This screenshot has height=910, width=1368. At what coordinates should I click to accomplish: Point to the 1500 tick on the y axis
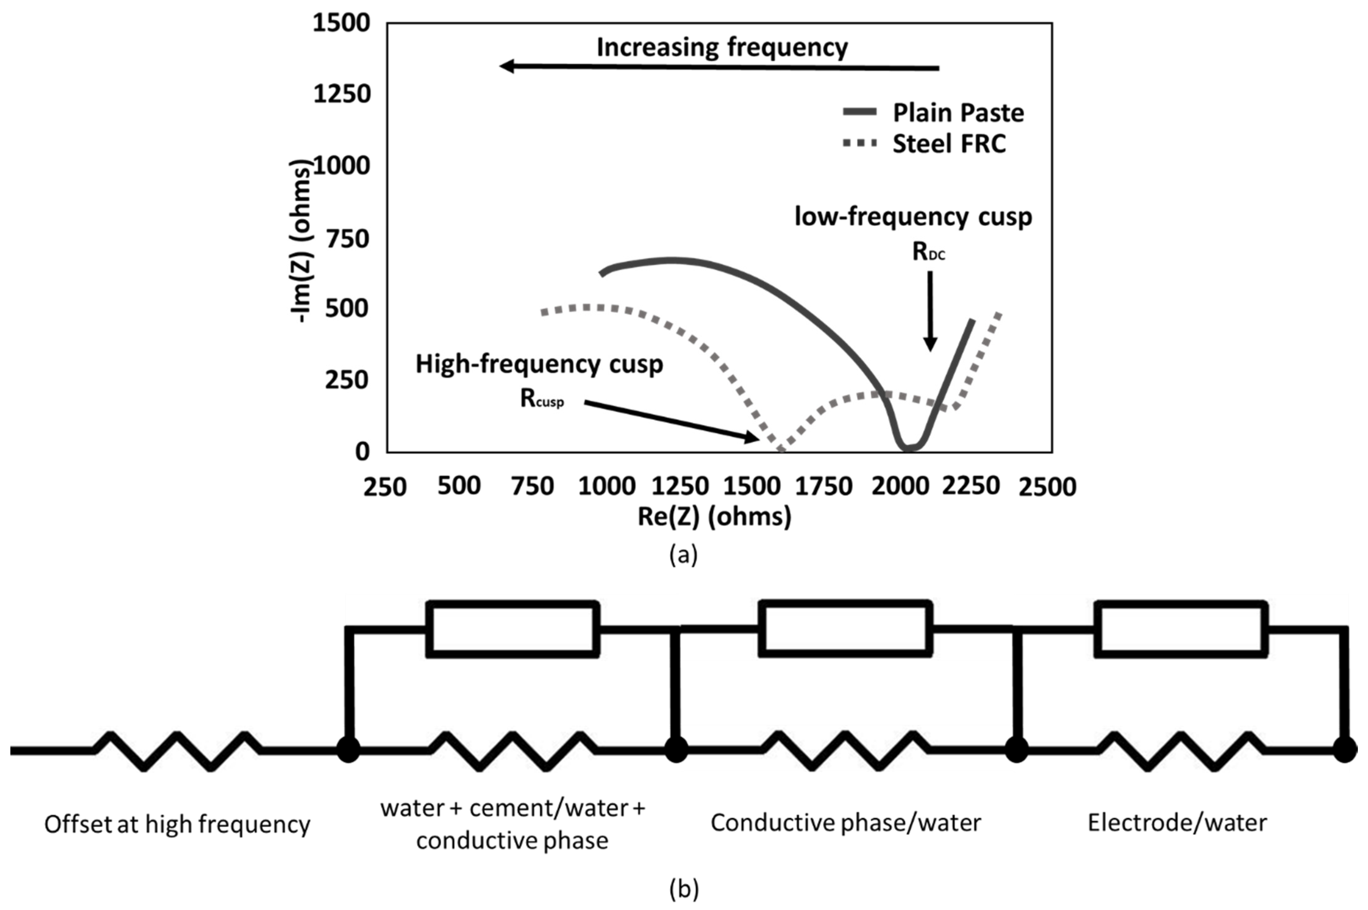pos(341,23)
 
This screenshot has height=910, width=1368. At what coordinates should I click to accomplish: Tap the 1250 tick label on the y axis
pos(341,94)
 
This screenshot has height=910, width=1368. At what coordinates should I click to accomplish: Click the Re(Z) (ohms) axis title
pos(714,516)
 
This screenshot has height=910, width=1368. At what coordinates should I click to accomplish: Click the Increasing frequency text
pos(722,47)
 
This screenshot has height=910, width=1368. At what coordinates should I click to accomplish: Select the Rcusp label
pos(542,399)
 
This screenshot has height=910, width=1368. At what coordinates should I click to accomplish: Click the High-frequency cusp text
pos(539,364)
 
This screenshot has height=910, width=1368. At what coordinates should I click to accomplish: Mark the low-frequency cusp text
pos(913,217)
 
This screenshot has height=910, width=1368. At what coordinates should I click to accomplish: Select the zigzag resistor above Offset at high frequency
pos(177,750)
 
